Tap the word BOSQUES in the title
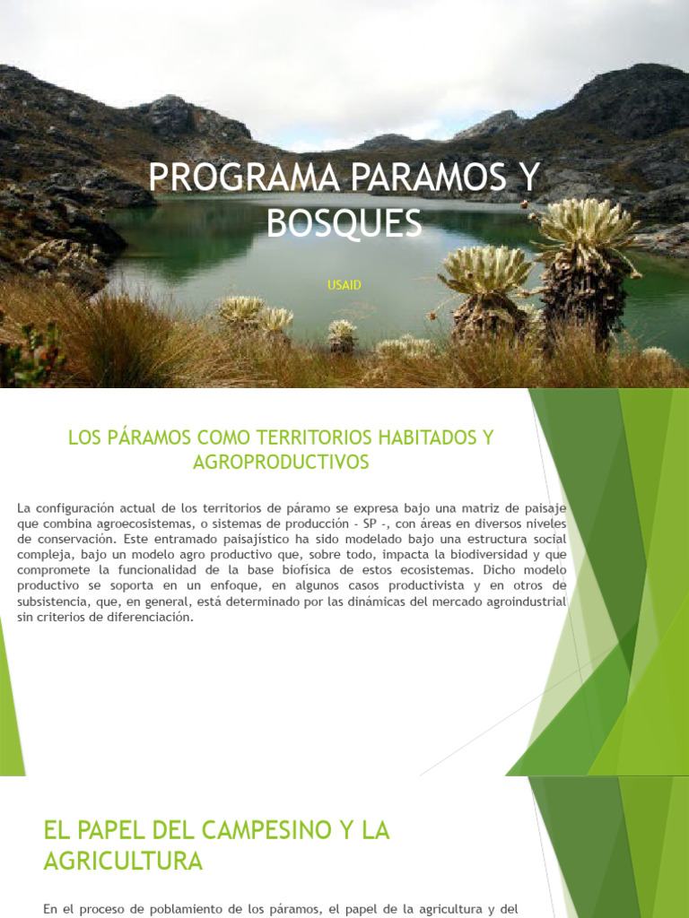344,223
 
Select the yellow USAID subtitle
344,285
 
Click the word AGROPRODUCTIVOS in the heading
281,463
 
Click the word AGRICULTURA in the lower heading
123,862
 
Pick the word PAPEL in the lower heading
118,830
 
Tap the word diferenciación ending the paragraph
148,618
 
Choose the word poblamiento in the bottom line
196,909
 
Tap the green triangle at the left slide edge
11,708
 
